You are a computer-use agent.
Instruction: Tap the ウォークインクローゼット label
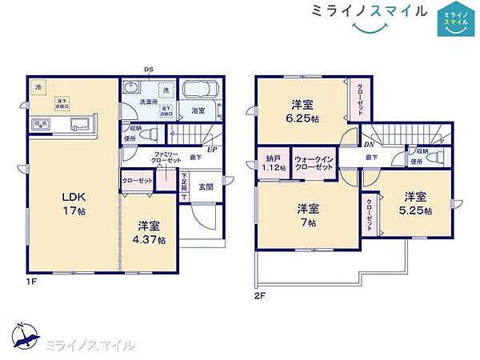(314, 164)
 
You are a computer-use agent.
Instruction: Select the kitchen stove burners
(40, 126)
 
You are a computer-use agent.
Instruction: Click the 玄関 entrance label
(205, 187)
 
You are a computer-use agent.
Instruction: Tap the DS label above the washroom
(148, 70)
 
